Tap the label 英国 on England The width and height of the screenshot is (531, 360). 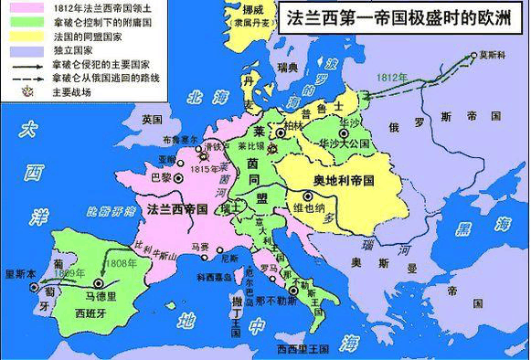[x=152, y=120]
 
